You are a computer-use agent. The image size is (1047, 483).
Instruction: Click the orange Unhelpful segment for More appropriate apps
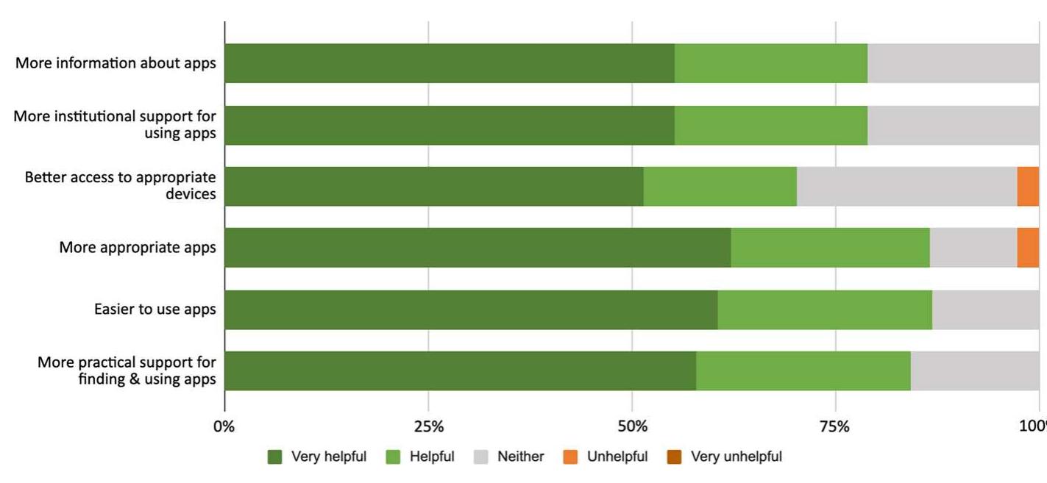point(1028,248)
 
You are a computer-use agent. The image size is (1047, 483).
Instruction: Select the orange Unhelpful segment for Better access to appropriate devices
point(1028,186)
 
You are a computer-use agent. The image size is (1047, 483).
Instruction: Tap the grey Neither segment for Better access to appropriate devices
point(906,186)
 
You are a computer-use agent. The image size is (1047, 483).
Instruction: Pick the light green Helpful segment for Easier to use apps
point(825,310)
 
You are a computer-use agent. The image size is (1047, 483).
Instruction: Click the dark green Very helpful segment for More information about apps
point(450,63)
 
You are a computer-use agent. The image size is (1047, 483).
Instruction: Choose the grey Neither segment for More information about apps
point(953,63)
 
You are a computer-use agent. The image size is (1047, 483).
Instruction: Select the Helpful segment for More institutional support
point(771,125)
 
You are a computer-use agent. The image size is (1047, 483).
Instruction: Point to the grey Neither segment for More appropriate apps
point(973,248)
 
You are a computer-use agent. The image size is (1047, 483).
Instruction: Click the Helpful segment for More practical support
point(803,371)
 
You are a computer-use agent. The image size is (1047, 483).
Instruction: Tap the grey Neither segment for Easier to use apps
point(985,310)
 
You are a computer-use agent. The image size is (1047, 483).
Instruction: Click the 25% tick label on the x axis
point(428,427)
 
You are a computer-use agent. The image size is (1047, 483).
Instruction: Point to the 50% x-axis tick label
point(632,427)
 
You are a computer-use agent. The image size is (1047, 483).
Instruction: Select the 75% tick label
point(835,427)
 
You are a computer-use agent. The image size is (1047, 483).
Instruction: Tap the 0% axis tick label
point(224,427)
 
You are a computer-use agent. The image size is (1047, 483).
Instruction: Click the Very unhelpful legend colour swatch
point(674,457)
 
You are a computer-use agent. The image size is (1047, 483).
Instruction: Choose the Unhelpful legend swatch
point(570,457)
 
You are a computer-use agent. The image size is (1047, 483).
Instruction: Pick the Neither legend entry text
point(520,457)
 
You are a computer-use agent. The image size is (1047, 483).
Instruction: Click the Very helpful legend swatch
point(275,457)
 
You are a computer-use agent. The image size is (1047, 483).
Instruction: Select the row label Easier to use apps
point(155,310)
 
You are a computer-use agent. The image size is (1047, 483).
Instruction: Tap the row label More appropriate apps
point(138,248)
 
